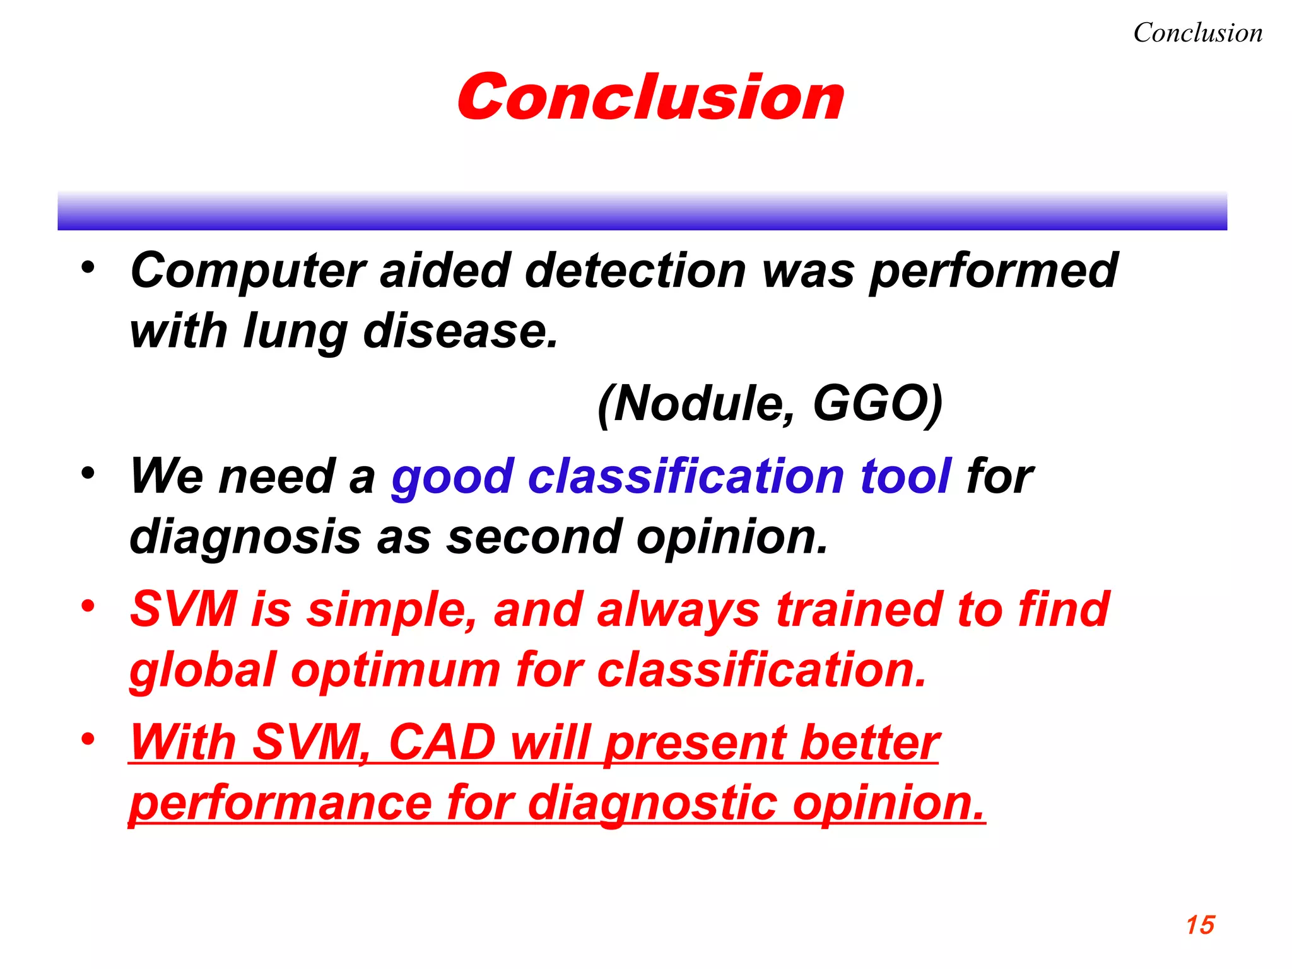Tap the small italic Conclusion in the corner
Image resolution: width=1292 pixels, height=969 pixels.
[x=1197, y=33]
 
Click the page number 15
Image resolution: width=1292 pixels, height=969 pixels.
[x=1200, y=925]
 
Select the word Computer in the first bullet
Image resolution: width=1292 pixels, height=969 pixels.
[x=247, y=271]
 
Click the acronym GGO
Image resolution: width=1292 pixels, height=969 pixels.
[x=877, y=404]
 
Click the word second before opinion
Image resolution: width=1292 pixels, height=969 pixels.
[x=534, y=536]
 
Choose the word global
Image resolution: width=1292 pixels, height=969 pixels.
[x=203, y=670]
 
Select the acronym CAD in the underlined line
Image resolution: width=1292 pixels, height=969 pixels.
[x=442, y=743]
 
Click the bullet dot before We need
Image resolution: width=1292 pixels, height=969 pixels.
[x=88, y=472]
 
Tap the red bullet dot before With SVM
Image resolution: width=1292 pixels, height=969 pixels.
[x=88, y=738]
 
